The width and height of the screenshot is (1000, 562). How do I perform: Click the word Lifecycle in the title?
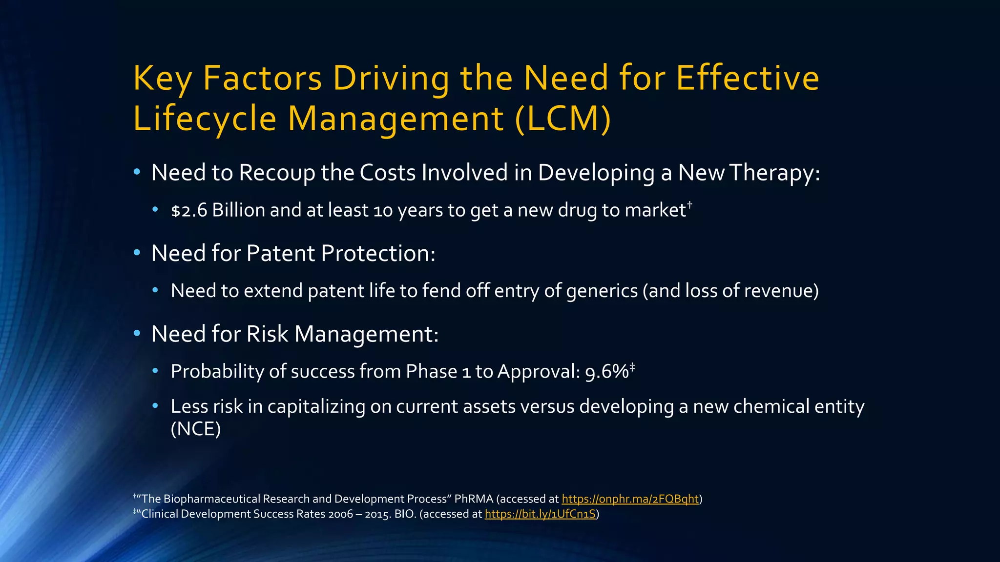tap(205, 119)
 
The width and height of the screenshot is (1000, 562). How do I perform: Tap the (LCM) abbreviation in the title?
tap(562, 119)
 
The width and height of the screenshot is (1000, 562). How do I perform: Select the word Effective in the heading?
tap(748, 78)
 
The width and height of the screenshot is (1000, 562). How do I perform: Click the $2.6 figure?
tap(189, 210)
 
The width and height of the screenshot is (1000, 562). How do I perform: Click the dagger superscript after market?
tap(689, 204)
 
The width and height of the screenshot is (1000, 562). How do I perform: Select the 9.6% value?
tap(606, 372)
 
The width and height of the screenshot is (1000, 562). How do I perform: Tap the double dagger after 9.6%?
tap(632, 366)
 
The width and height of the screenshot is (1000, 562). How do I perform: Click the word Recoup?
tap(277, 173)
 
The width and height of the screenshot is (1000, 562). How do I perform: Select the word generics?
tap(602, 291)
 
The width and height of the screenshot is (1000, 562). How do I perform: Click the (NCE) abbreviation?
tap(196, 429)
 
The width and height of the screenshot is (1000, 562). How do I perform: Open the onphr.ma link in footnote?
tap(630, 499)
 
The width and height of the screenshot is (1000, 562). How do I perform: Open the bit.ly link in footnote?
tap(540, 514)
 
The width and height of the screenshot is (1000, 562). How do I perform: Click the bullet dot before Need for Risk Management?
tap(137, 334)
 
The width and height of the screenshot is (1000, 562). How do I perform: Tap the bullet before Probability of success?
tap(155, 371)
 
